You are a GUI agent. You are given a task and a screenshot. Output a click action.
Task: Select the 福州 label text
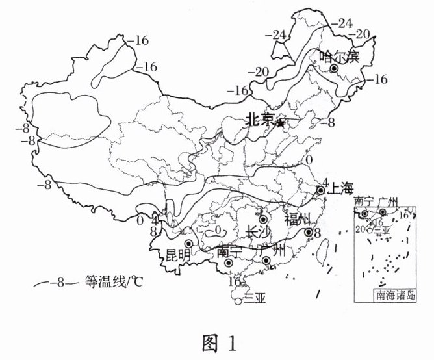[298, 218]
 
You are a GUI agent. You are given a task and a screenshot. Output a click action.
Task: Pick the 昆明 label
[179, 254]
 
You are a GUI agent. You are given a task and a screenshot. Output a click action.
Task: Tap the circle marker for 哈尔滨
[335, 69]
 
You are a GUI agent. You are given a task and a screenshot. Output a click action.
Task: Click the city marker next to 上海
[320, 191]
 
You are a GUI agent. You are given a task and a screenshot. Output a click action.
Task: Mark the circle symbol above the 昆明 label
[188, 244]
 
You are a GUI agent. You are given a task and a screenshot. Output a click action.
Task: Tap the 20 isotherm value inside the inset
[360, 228]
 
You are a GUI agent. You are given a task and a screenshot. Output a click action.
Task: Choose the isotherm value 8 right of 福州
[318, 233]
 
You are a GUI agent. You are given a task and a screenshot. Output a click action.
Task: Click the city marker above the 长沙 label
[263, 220]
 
